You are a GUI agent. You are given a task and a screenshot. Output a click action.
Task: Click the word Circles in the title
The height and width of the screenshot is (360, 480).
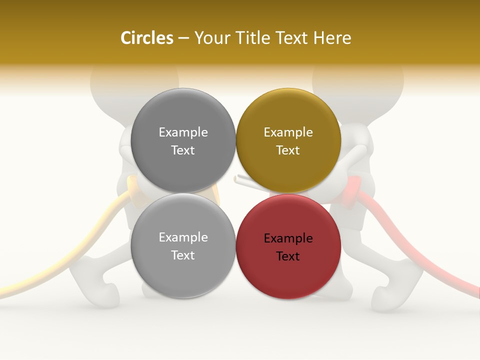pyautogui.click(x=146, y=38)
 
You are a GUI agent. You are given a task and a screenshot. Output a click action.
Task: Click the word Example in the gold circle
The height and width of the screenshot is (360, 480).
pyautogui.click(x=288, y=132)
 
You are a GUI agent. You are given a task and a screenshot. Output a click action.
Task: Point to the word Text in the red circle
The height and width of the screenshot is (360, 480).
pyautogui.click(x=288, y=256)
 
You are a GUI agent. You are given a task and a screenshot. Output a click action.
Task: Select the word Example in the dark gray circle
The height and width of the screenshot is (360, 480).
pyautogui.click(x=183, y=132)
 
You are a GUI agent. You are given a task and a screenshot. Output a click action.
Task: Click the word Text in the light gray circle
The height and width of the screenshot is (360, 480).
pyautogui.click(x=183, y=255)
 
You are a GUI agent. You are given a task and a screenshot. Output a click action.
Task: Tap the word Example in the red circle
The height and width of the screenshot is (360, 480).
pyautogui.click(x=288, y=238)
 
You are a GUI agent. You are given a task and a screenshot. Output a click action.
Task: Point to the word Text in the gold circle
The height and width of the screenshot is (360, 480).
pyautogui.click(x=288, y=150)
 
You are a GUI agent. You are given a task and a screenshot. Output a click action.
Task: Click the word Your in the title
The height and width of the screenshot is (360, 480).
pyautogui.click(x=210, y=38)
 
